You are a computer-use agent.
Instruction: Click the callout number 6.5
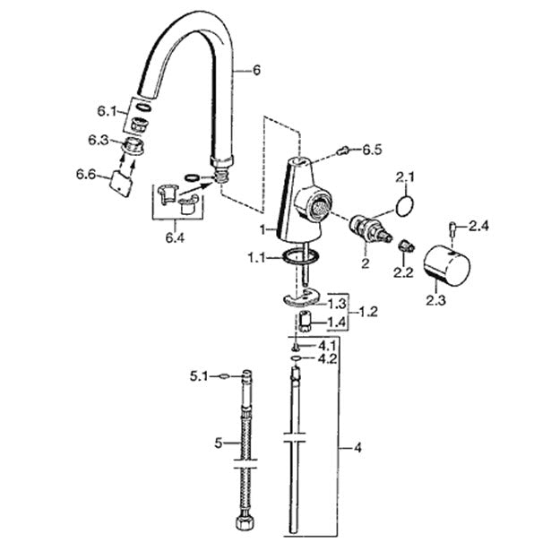pos(372,150)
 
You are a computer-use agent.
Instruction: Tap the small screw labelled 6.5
pos(341,151)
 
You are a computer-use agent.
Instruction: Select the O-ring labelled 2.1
pos(404,206)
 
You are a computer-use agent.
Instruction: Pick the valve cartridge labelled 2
pos(370,230)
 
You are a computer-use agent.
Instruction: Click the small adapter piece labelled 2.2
pos(407,245)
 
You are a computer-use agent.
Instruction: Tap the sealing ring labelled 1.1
pos(300,256)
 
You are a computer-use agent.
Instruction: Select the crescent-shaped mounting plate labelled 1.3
pos(301,297)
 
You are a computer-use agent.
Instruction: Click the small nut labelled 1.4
pos(304,321)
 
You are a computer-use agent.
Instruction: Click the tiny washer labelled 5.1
pos(223,377)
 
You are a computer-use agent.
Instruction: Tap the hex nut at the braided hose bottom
pos(244,527)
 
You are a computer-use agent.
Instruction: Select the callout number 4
pos(357,448)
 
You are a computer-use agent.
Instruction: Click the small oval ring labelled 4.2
pos(295,358)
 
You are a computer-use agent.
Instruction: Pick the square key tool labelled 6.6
pos(121,184)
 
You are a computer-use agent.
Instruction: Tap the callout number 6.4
pos(175,238)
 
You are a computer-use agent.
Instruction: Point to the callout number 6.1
pos(107,111)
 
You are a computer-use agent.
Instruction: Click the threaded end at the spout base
pos(221,175)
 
